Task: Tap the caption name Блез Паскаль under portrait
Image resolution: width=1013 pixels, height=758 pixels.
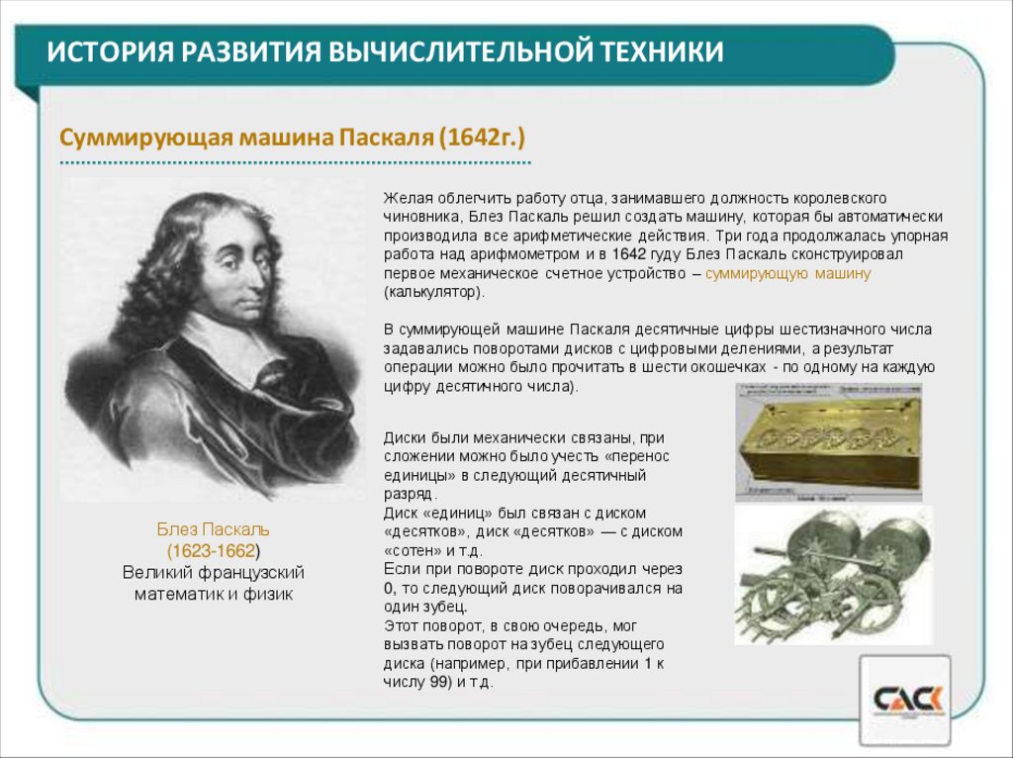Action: click(x=213, y=529)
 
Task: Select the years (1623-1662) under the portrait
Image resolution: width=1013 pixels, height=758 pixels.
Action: click(x=213, y=550)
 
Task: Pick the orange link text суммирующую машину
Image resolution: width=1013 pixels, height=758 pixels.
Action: click(x=787, y=273)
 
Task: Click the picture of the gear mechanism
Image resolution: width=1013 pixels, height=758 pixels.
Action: click(x=832, y=575)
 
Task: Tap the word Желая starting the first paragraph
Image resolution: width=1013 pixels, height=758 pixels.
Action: click(x=405, y=198)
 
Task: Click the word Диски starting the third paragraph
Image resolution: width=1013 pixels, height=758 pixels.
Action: click(x=405, y=437)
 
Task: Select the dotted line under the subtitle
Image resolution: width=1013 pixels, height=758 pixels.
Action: click(x=295, y=161)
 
